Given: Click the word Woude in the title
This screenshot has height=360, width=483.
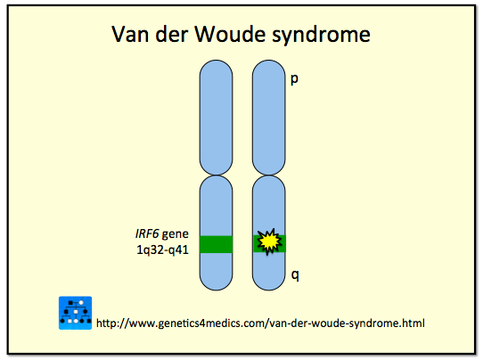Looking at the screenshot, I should pyautogui.click(x=233, y=36).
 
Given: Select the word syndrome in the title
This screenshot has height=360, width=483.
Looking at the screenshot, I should pyautogui.click(x=323, y=37).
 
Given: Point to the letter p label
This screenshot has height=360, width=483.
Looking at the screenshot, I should pyautogui.click(x=294, y=79).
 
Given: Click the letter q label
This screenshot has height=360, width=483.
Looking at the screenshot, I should pyautogui.click(x=294, y=276).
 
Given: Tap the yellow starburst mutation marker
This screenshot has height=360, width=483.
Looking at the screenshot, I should pyautogui.click(x=268, y=241).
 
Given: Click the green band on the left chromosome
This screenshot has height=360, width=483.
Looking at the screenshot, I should pyautogui.click(x=216, y=243).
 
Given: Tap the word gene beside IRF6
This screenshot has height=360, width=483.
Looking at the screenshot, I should pyautogui.click(x=175, y=233).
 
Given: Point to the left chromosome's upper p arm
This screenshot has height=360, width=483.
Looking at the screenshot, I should pyautogui.click(x=216, y=116).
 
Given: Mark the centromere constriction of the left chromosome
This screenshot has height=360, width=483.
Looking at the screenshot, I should pyautogui.click(x=216, y=175).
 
